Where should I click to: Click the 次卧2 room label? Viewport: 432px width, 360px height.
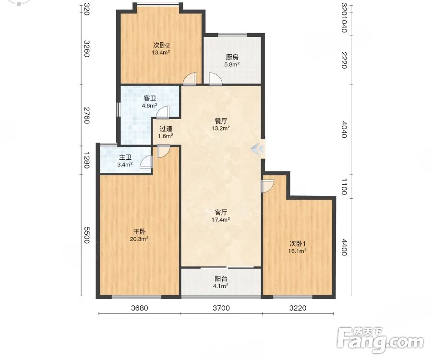pos(161,45)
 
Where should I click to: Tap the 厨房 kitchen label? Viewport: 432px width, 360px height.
pos(232,57)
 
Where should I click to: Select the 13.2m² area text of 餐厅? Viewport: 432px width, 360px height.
pos(221,128)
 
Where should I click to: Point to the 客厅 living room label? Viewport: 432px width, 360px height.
pos(221,212)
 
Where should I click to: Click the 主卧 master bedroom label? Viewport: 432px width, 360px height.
pos(139,232)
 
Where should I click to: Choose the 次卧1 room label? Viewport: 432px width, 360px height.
pos(298,244)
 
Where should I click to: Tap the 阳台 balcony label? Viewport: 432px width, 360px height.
pos(221,279)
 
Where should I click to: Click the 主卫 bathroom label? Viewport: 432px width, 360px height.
pos(125,157)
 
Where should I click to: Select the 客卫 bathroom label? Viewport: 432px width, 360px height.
pos(150,98)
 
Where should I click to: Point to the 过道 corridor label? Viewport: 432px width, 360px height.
pos(166,129)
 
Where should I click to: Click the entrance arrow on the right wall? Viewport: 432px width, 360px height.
pos(257,149)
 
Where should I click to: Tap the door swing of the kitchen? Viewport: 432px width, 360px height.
pos(216,79)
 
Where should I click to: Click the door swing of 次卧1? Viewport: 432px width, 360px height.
pos(267,186)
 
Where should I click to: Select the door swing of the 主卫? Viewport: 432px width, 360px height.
pos(146,162)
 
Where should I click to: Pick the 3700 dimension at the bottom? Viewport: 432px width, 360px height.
pos(221,308)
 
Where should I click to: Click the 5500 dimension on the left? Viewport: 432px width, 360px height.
pos(86,235)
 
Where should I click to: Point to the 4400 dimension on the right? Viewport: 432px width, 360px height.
pos(344,247)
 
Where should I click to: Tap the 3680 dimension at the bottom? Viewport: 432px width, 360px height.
pos(139,308)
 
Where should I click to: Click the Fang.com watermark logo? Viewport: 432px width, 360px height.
pos(381,340)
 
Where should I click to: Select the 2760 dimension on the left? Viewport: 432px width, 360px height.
pos(86,115)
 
